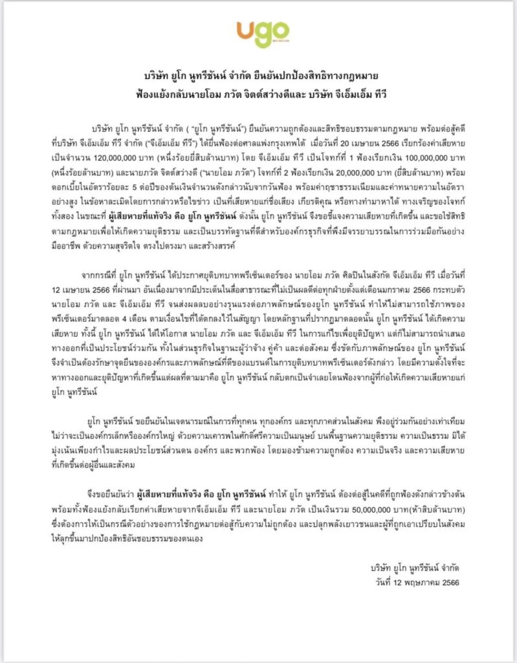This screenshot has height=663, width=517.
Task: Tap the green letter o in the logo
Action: (280, 34)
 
